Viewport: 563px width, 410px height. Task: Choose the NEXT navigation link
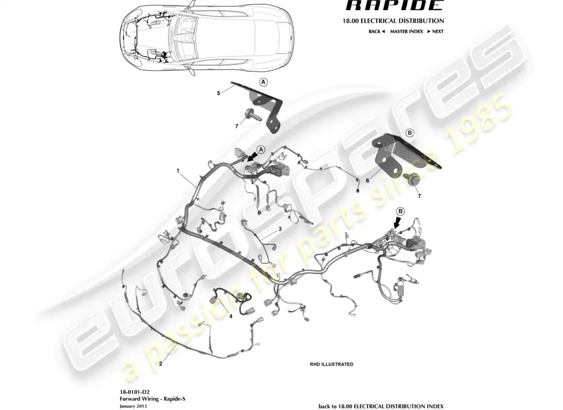[x=436, y=31]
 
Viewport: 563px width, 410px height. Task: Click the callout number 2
[x=161, y=364]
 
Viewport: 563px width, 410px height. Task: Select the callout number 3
[x=280, y=229]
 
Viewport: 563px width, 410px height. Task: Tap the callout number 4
[x=231, y=316]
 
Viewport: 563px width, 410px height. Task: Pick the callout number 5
[x=219, y=93]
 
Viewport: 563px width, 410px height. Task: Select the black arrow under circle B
[x=397, y=222]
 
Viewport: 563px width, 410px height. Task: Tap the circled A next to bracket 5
[x=263, y=82]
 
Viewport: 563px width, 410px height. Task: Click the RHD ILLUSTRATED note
[x=331, y=364]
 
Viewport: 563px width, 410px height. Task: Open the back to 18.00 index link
[x=381, y=406]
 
